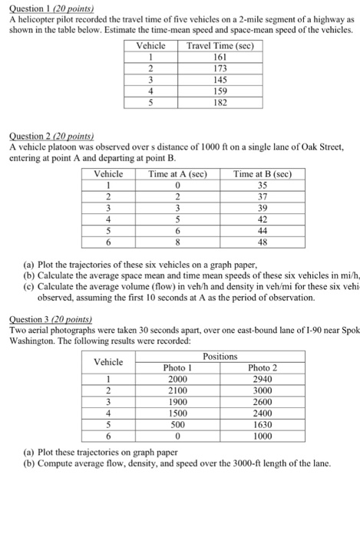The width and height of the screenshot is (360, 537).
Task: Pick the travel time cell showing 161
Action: (x=220, y=57)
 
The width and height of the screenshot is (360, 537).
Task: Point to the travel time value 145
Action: (x=220, y=79)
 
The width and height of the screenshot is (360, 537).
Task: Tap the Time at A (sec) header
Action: (x=177, y=174)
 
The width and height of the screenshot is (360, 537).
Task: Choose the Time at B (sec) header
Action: (x=263, y=174)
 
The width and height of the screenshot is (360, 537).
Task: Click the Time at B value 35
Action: (x=263, y=185)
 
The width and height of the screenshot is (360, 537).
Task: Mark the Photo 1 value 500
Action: (x=177, y=423)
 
